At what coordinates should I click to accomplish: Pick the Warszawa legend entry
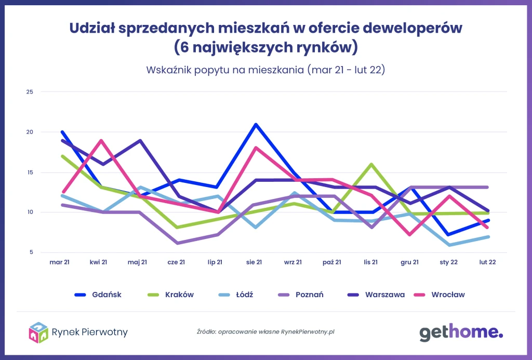pos(377,295)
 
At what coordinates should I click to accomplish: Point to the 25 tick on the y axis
pos(30,92)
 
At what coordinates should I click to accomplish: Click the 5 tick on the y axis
pos(31,252)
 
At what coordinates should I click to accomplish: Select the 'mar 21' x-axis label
pos(60,262)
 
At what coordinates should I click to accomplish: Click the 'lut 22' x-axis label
pos(487,262)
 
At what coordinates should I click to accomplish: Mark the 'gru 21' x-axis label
pos(409,262)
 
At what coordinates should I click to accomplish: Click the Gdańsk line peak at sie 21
pos(256,125)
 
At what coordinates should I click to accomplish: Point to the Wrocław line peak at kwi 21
pos(101,140)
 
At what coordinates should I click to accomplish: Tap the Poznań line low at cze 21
pos(178,243)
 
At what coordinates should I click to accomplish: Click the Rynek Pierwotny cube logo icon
pos(38,332)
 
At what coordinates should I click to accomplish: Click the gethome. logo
pos(461,332)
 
